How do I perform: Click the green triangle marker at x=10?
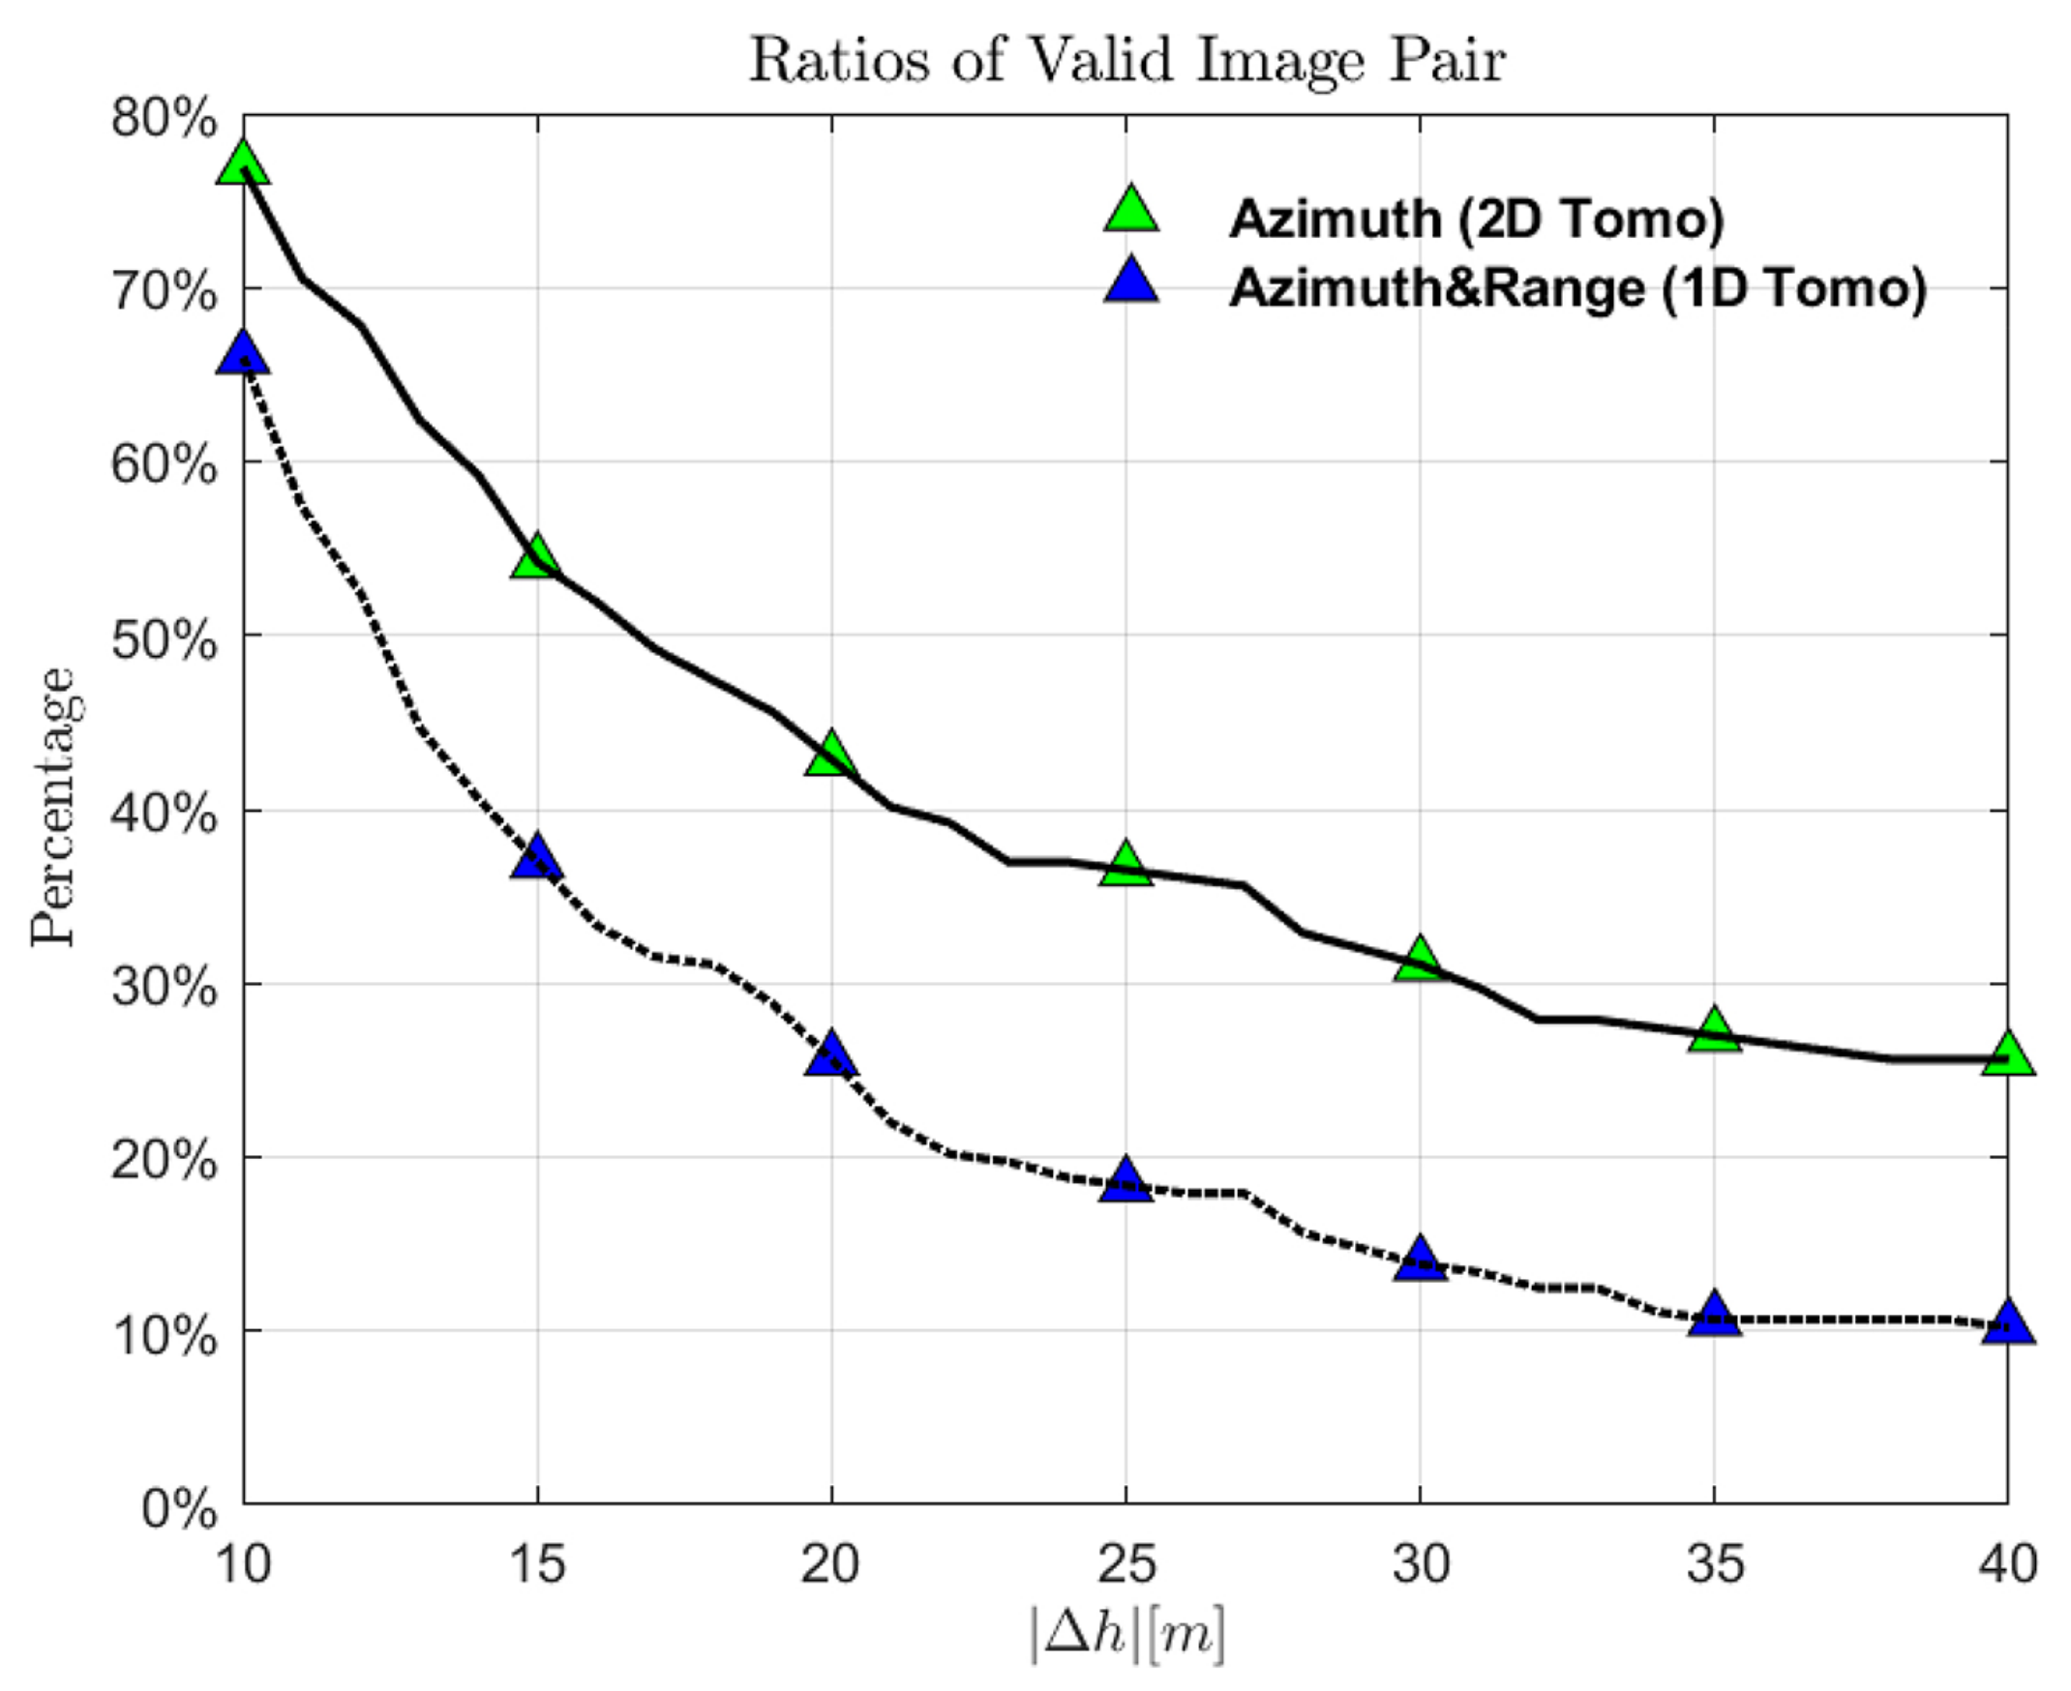(x=244, y=163)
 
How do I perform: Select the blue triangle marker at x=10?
(x=244, y=354)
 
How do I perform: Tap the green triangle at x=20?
(x=831, y=755)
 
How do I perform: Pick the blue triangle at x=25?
(x=1126, y=1181)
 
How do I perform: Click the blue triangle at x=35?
(x=1714, y=1317)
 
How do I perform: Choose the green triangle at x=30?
(x=1420, y=961)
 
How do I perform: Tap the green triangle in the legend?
(x=1131, y=210)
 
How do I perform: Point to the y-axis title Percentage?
(x=52, y=808)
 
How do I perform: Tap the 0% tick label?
(x=179, y=1509)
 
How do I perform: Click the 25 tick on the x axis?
(x=1126, y=1564)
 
